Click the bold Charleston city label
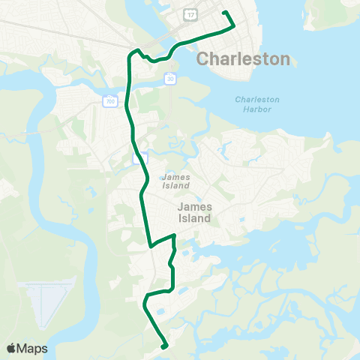pyautogui.click(x=243, y=58)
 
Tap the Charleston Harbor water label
pyautogui.click(x=257, y=104)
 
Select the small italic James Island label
pyautogui.click(x=175, y=181)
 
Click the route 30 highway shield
pyautogui.click(x=171, y=78)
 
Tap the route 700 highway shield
pyautogui.click(x=111, y=100)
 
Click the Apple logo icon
pyautogui.click(x=11, y=349)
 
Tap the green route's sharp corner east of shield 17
pyautogui.click(x=234, y=25)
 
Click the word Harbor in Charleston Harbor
pyautogui.click(x=257, y=109)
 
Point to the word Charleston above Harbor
pyautogui.click(x=257, y=99)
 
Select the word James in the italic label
pyautogui.click(x=175, y=176)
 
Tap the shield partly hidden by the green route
pyautogui.click(x=139, y=158)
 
